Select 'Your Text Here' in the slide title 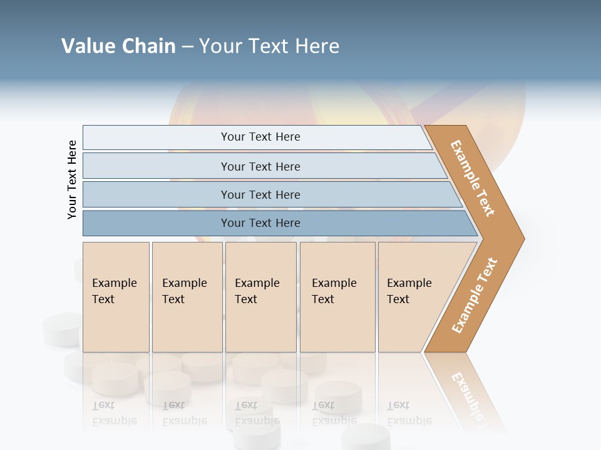(x=269, y=46)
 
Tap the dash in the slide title (x=187, y=47)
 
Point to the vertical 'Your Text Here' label (x=72, y=179)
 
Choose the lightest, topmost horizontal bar (x=257, y=137)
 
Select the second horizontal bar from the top (x=260, y=166)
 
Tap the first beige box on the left (x=116, y=297)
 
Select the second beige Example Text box (x=187, y=297)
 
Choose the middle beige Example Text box (x=260, y=297)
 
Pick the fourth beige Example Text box (x=337, y=297)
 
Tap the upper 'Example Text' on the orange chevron (x=473, y=178)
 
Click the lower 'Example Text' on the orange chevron (x=475, y=296)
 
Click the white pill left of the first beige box (x=61, y=329)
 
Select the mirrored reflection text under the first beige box (x=114, y=413)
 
